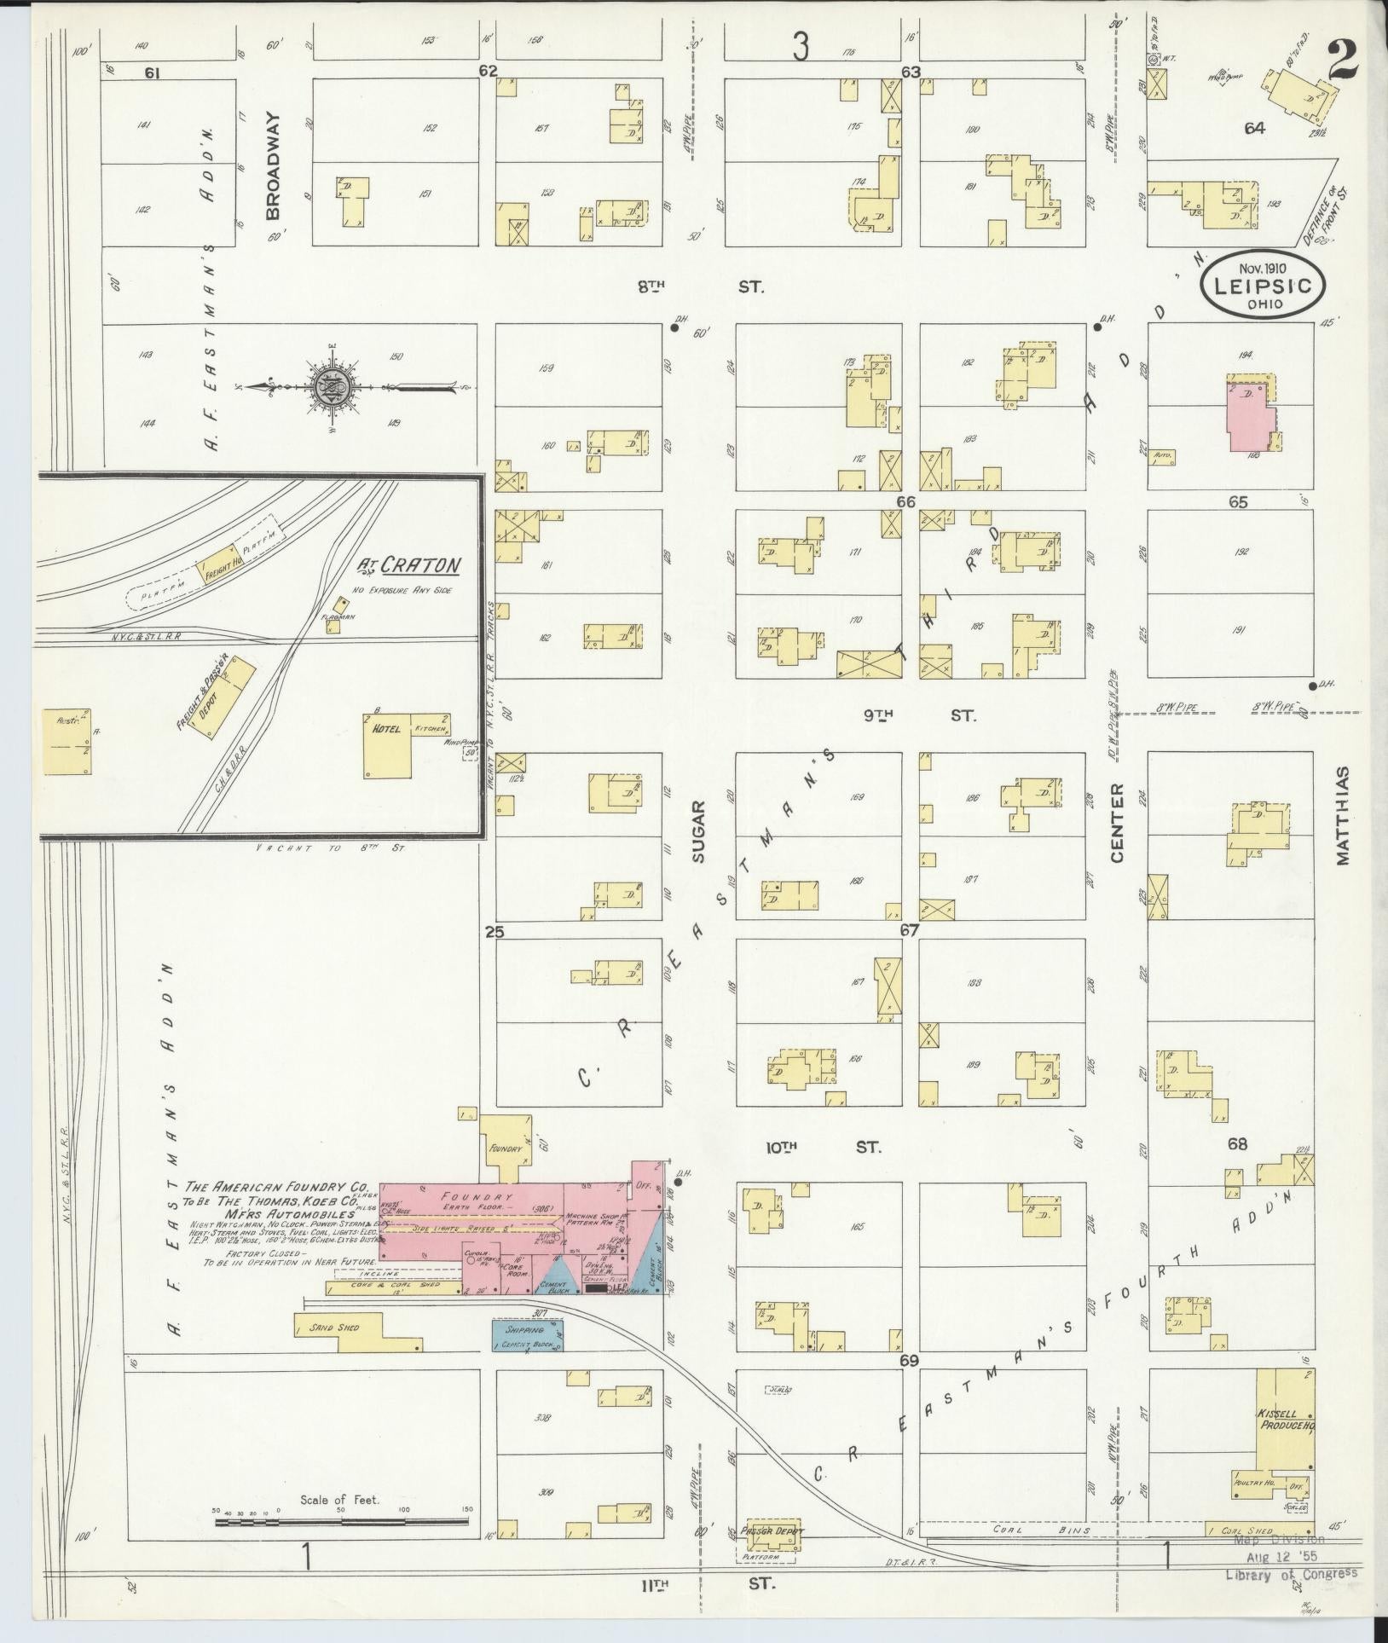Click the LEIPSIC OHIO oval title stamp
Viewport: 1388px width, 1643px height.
[x=1264, y=284]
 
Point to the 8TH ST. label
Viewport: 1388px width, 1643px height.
[x=699, y=287]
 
